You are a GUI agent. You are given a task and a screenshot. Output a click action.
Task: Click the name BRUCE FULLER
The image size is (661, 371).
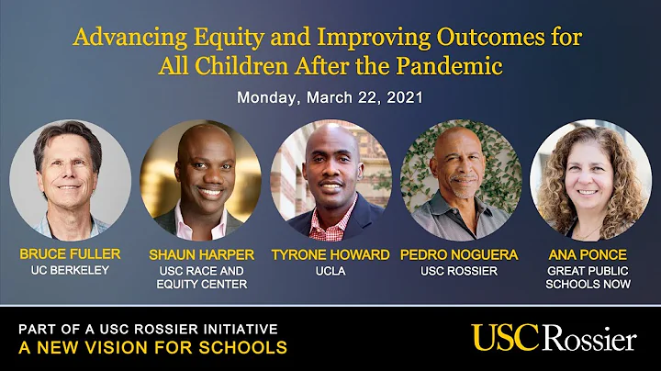(x=70, y=254)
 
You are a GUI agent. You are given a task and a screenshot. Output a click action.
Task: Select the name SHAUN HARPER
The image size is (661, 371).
(x=199, y=254)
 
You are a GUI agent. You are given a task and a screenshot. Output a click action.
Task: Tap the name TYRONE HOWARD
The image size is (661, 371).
(x=330, y=254)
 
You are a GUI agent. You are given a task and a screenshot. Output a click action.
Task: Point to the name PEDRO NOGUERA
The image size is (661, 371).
(x=460, y=254)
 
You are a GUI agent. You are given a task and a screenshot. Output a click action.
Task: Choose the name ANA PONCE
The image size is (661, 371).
(x=589, y=254)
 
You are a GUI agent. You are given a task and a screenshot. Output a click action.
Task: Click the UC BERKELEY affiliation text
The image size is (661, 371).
(x=70, y=270)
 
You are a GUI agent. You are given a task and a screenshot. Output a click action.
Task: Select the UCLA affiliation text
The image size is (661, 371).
(x=330, y=270)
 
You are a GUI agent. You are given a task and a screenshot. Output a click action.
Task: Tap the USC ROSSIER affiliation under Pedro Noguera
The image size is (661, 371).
(x=460, y=270)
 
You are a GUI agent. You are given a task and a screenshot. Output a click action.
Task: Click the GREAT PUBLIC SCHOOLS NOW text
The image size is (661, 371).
(x=589, y=277)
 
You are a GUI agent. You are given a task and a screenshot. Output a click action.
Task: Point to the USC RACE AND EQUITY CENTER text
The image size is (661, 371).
(x=199, y=277)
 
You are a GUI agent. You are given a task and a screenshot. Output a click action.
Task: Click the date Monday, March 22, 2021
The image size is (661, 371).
(x=330, y=97)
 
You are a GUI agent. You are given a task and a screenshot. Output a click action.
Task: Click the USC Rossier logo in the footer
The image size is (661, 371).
(x=554, y=337)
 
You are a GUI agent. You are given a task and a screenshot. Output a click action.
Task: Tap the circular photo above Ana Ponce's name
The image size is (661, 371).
(x=589, y=180)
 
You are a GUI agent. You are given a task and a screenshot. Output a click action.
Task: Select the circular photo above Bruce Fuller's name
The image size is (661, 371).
(x=70, y=180)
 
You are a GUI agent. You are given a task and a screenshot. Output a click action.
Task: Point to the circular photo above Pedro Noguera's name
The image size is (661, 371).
(x=460, y=180)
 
